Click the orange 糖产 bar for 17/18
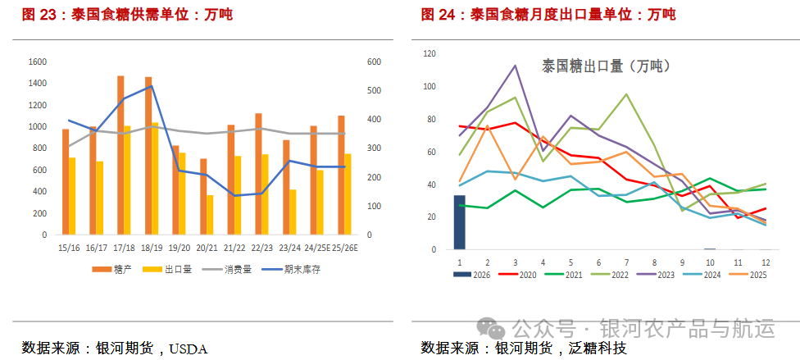pyautogui.click(x=120, y=155)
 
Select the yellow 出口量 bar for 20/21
pyautogui.click(x=210, y=215)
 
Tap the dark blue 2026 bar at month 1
pyautogui.click(x=459, y=222)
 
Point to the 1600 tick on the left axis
pyautogui.click(x=38, y=62)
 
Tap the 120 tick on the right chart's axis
pyautogui.click(x=430, y=53)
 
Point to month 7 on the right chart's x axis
pyautogui.click(x=627, y=261)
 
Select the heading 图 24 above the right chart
pyautogui.click(x=439, y=14)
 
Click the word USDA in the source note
pyautogui.click(x=189, y=349)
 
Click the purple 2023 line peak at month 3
pyautogui.click(x=515, y=66)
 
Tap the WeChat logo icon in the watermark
pyautogui.click(x=494, y=328)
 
